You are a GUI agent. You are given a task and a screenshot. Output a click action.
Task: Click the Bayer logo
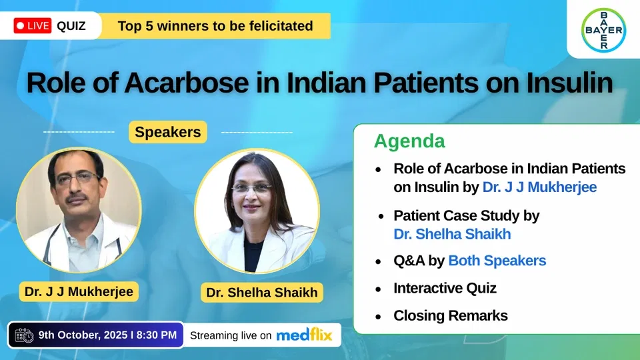click(x=603, y=30)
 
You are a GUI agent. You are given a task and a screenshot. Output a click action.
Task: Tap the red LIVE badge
click(x=32, y=26)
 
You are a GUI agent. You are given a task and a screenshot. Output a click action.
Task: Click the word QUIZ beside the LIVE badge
click(x=71, y=26)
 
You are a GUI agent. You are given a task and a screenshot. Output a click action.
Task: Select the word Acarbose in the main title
click(x=187, y=83)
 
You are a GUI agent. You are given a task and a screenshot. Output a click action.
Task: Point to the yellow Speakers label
click(x=168, y=132)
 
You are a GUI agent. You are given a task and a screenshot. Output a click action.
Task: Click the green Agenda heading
click(x=409, y=141)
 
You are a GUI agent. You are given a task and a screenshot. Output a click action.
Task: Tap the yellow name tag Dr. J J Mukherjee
click(x=79, y=291)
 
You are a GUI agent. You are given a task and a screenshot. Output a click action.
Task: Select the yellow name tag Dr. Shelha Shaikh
click(x=261, y=292)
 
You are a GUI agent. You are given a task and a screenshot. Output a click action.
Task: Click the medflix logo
click(x=304, y=335)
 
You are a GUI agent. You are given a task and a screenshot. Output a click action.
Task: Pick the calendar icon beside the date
click(x=24, y=335)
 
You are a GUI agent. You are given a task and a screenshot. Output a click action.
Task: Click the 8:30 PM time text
click(x=156, y=335)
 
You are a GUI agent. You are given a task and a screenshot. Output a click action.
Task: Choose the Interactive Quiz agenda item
click(x=445, y=288)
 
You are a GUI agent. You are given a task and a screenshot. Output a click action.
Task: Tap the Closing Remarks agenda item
click(x=451, y=315)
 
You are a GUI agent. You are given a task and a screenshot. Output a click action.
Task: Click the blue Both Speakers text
click(x=497, y=261)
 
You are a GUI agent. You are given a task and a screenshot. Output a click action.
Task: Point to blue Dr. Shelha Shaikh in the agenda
click(x=452, y=234)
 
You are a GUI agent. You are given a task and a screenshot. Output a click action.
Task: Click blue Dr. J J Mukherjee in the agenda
click(x=539, y=187)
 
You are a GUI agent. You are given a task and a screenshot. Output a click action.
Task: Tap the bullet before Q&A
click(x=379, y=261)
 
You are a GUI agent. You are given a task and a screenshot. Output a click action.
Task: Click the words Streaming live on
click(x=231, y=335)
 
